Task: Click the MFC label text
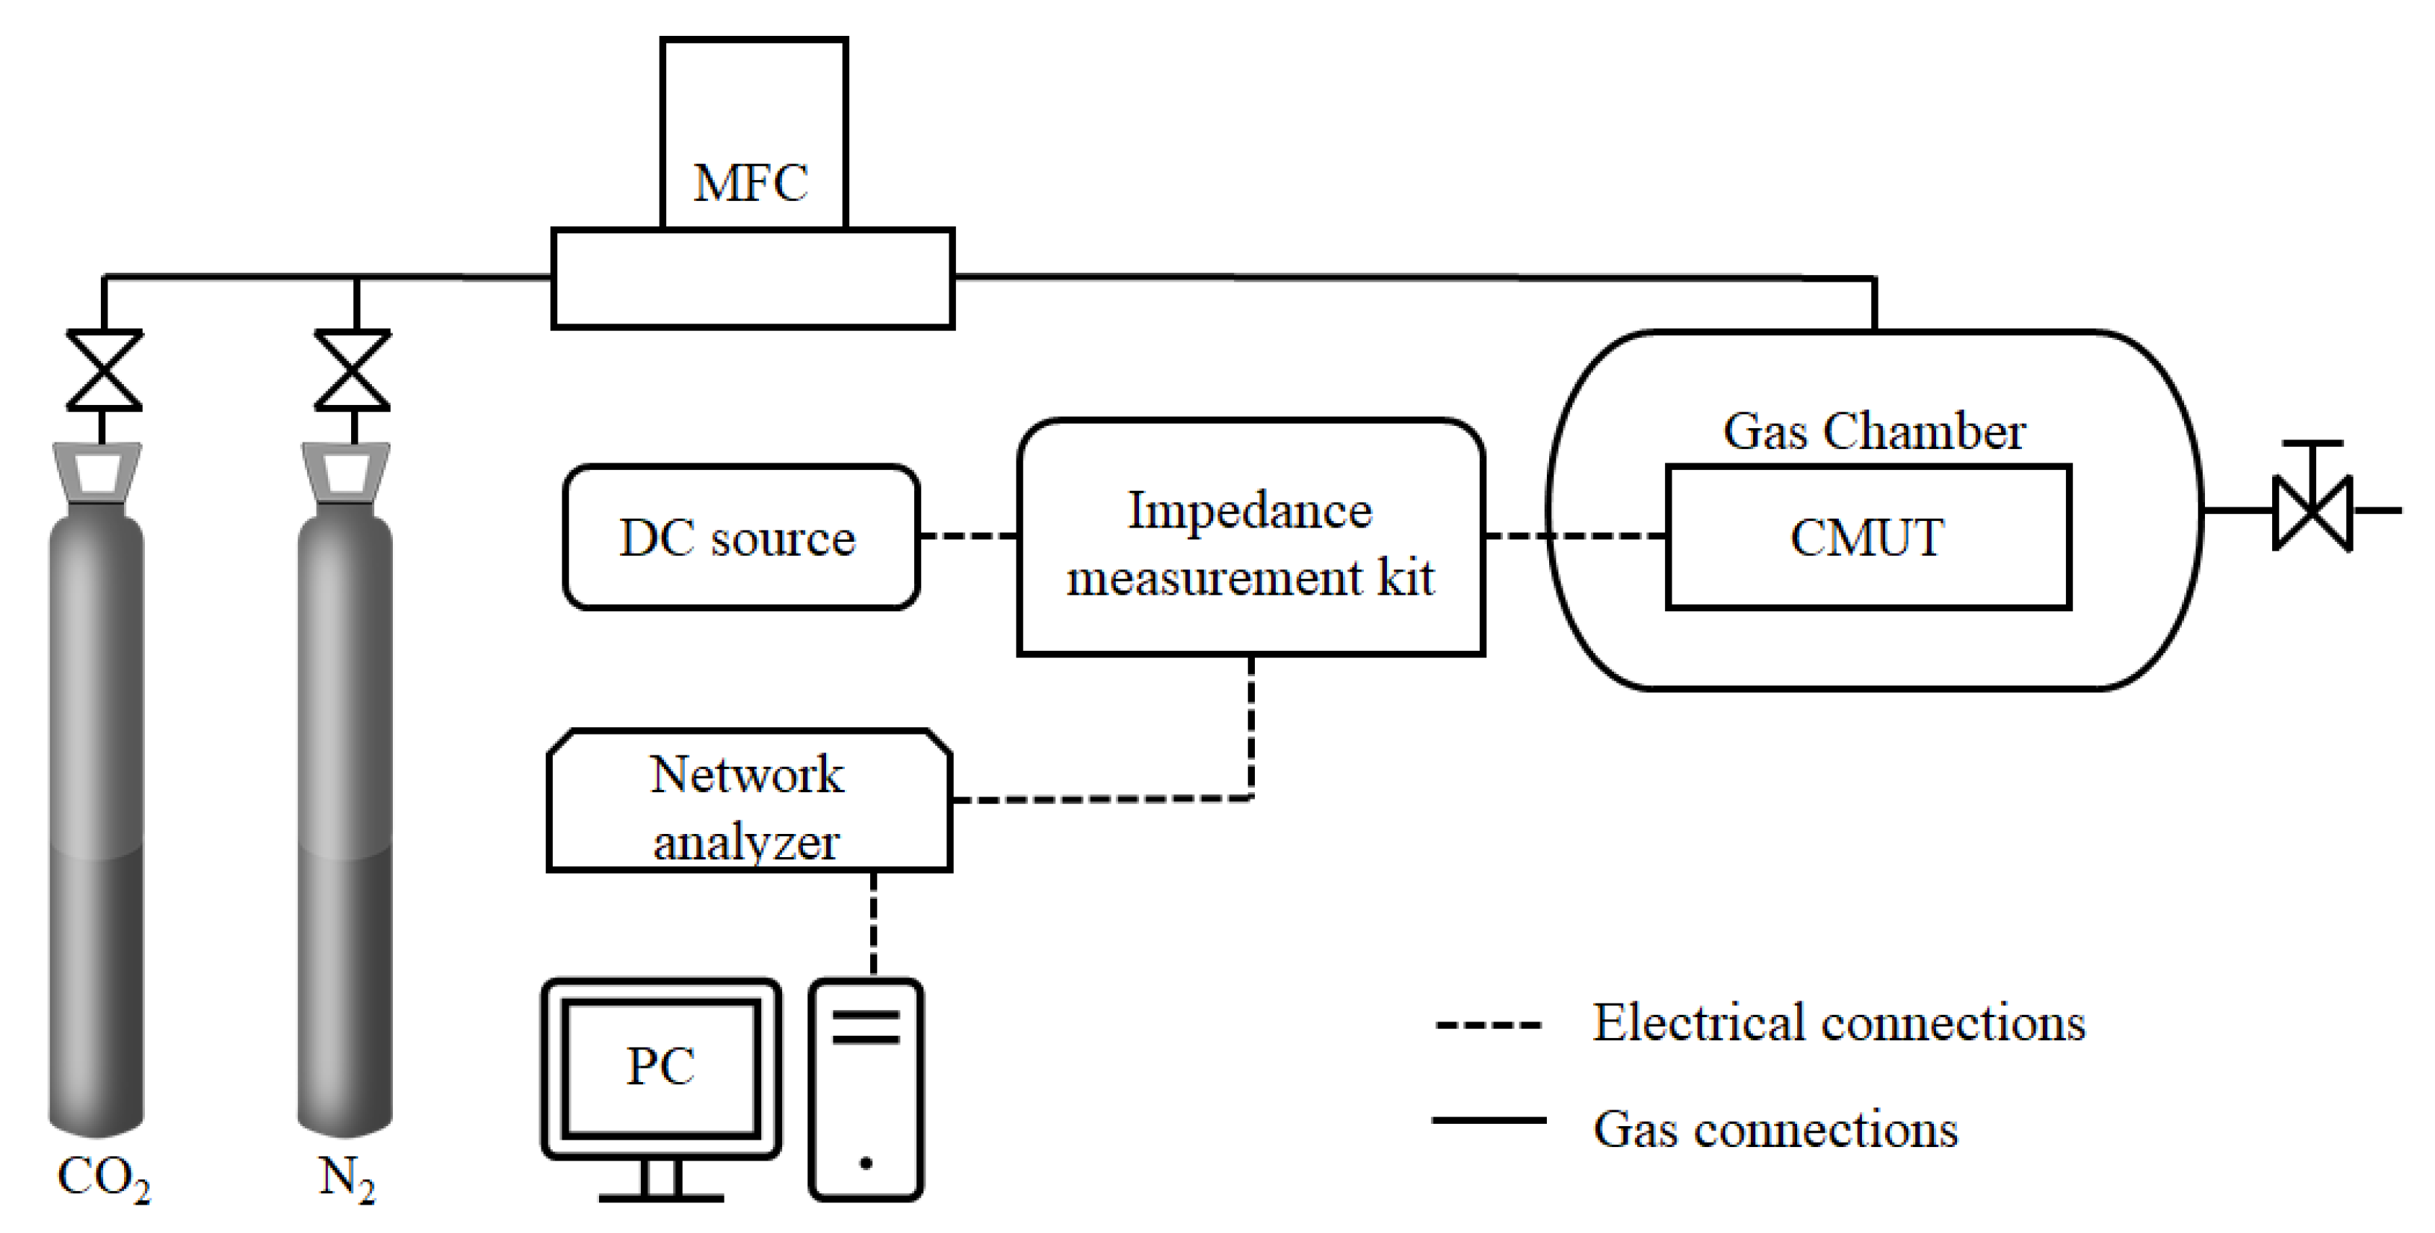751,183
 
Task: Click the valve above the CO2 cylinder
104,370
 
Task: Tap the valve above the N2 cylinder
353,370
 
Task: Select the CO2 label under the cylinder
103,1178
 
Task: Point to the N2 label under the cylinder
347,1178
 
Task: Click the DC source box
740,537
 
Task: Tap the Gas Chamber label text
1873,431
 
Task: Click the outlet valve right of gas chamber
2312,512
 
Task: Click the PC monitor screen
661,1066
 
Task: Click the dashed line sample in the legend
1488,1024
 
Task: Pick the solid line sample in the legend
1488,1120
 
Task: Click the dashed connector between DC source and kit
968,536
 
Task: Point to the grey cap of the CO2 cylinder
97,470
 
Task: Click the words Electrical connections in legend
1838,1022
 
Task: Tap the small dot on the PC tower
865,1163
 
